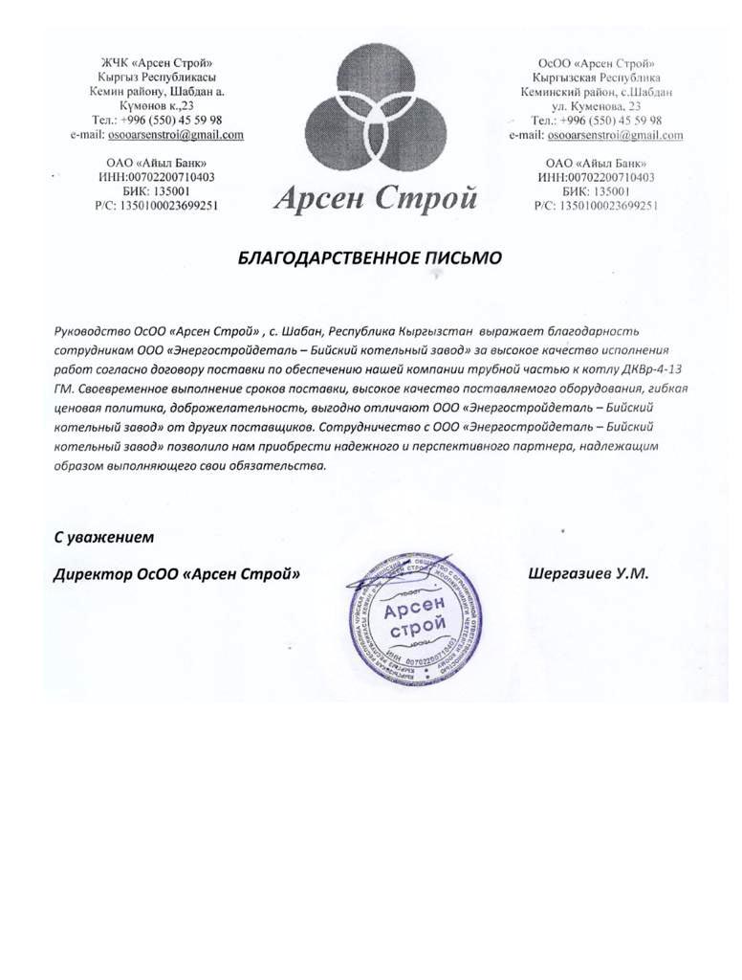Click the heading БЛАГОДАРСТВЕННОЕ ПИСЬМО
[x=368, y=257]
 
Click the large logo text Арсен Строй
[x=375, y=199]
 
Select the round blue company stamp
[x=411, y=613]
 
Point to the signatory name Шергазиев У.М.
[x=588, y=573]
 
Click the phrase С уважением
[x=103, y=538]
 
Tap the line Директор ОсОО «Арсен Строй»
[x=176, y=575]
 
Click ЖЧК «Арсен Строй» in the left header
[x=158, y=62]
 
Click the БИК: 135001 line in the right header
[x=601, y=191]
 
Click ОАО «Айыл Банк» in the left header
[x=158, y=163]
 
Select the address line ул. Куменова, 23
[x=602, y=106]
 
